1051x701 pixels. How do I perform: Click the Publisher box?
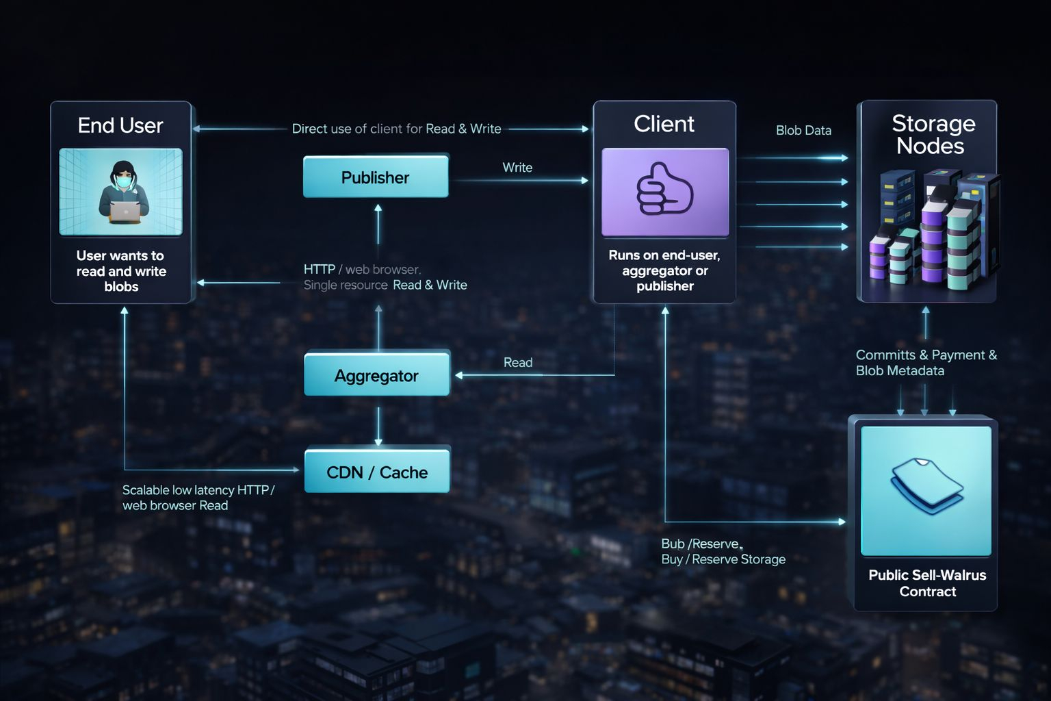376,177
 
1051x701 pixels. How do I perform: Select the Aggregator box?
376,375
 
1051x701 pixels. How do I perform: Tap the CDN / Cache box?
377,472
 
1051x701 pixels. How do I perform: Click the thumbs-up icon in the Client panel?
664,190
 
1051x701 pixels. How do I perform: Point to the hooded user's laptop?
125,212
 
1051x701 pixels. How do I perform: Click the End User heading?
120,125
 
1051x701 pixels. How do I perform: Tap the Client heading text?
664,124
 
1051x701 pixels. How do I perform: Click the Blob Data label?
803,130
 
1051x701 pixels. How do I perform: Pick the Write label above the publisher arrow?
517,167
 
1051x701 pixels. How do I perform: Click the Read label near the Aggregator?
518,362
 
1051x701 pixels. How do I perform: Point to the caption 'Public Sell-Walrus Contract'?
927,583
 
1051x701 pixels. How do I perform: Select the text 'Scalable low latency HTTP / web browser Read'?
198,498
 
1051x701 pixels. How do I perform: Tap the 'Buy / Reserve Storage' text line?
723,559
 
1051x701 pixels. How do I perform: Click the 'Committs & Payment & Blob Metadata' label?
926,363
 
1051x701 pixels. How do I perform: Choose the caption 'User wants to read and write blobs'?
121,271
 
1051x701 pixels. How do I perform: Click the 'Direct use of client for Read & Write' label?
396,129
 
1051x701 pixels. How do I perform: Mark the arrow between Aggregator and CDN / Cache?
378,426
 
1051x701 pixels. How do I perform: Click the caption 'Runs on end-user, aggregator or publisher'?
664,270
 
